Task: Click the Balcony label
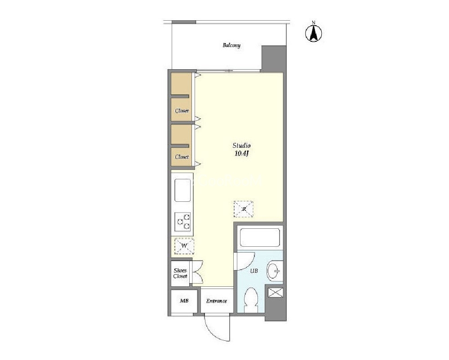click(x=231, y=45)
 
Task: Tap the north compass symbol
click(x=314, y=32)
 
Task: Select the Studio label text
click(x=241, y=146)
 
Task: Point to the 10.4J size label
click(x=241, y=154)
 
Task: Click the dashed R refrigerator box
click(x=244, y=209)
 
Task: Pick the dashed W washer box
click(x=184, y=246)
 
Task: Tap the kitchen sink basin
click(x=182, y=190)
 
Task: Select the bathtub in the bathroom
click(x=259, y=237)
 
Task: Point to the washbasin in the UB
click(x=274, y=271)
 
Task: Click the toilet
click(x=251, y=299)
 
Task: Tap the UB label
click(x=254, y=271)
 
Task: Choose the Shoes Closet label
click(x=180, y=273)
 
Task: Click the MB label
click(x=184, y=301)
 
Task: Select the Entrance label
click(x=217, y=301)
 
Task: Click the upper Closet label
click(x=182, y=111)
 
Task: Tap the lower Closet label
click(x=182, y=157)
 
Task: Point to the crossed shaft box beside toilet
click(x=276, y=293)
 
